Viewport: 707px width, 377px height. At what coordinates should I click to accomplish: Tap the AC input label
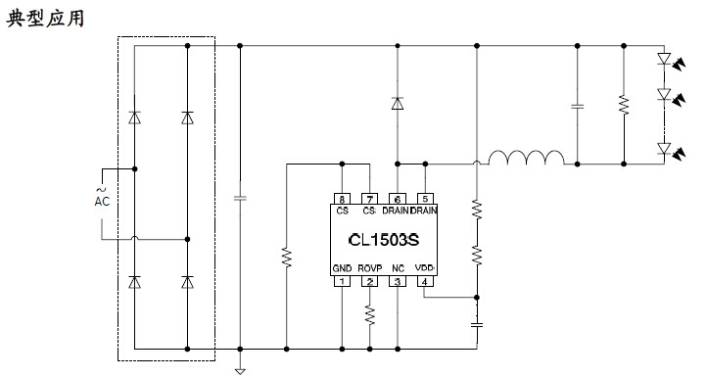pyautogui.click(x=102, y=201)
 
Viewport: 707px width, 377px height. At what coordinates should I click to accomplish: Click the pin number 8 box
pyautogui.click(x=342, y=198)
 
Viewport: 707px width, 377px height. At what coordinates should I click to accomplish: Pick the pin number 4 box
pyautogui.click(x=425, y=282)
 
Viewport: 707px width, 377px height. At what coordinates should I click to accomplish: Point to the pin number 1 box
pyautogui.click(x=342, y=282)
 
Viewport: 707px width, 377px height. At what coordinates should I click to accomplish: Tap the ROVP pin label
pyautogui.click(x=369, y=267)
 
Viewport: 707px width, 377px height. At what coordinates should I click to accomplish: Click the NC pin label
pyautogui.click(x=398, y=267)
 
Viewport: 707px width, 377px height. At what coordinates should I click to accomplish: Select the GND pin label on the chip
pyautogui.click(x=342, y=267)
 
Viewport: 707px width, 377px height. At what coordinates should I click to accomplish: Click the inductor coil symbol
pyautogui.click(x=526, y=161)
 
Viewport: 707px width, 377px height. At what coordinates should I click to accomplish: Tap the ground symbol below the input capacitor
pyautogui.click(x=239, y=370)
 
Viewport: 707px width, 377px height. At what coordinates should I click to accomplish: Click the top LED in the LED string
pyautogui.click(x=665, y=59)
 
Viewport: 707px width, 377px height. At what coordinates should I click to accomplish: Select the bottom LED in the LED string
pyautogui.click(x=665, y=149)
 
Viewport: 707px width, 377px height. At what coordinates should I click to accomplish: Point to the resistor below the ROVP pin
pyautogui.click(x=370, y=315)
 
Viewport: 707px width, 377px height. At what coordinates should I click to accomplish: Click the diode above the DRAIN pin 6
pyautogui.click(x=397, y=103)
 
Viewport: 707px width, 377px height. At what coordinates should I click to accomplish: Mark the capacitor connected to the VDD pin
pyautogui.click(x=478, y=322)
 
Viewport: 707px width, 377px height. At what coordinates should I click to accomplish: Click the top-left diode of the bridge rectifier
pyautogui.click(x=134, y=118)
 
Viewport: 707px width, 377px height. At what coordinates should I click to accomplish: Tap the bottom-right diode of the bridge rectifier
pyautogui.click(x=186, y=282)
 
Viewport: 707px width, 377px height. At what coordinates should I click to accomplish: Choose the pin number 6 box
pyautogui.click(x=398, y=198)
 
